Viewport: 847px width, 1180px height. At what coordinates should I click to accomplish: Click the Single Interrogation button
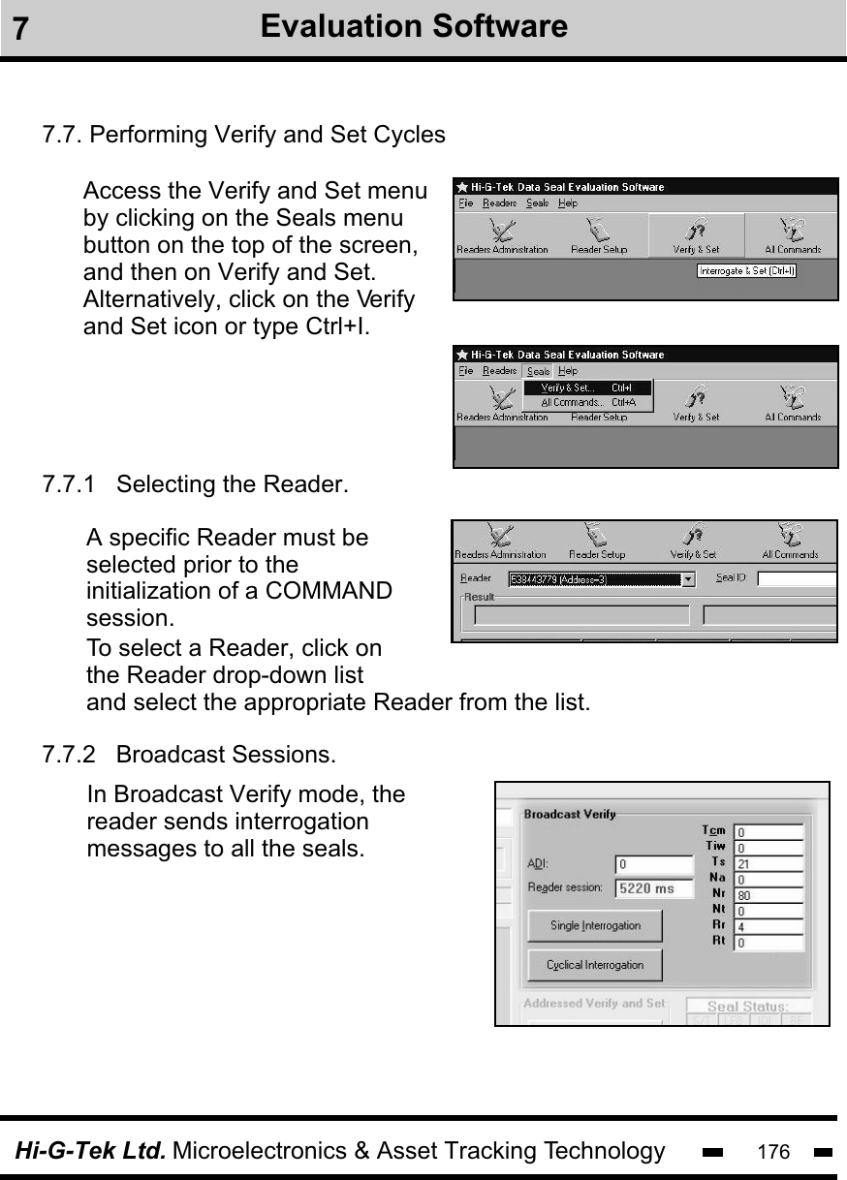click(595, 925)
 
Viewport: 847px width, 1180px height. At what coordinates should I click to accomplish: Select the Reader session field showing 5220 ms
click(654, 887)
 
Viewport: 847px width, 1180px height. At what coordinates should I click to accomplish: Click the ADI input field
click(654, 863)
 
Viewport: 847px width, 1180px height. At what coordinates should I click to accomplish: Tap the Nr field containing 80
click(769, 895)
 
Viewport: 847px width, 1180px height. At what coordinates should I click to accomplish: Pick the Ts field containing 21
click(769, 863)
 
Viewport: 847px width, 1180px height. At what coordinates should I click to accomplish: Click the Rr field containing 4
click(769, 926)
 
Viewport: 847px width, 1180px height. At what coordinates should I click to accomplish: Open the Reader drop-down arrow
click(688, 579)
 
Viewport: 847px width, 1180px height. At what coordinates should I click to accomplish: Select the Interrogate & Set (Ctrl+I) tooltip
click(747, 271)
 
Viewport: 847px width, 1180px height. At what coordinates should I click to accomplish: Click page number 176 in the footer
click(773, 1152)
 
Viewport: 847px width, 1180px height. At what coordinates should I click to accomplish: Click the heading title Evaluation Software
click(414, 26)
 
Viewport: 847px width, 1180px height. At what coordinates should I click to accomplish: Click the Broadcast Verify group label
click(570, 814)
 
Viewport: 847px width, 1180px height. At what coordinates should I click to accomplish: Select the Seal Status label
click(747, 1008)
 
